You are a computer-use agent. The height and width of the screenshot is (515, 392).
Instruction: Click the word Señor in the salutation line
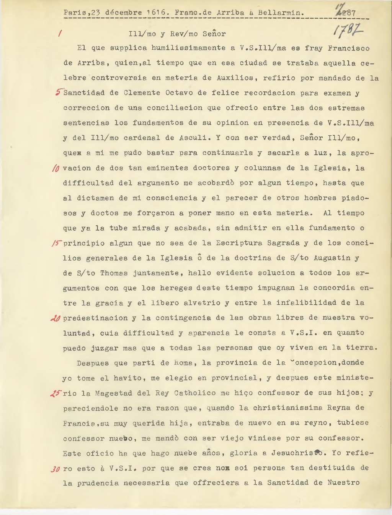(214, 34)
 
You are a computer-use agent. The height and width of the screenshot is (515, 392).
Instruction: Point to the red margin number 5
(58, 92)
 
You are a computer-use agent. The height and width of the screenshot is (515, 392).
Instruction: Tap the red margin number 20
(56, 318)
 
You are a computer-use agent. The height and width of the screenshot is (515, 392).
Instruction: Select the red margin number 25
(56, 393)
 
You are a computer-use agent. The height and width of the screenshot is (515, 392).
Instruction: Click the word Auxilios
(235, 78)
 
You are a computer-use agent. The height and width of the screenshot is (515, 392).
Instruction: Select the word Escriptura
(239, 243)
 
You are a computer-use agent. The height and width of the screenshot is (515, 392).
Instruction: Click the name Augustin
(332, 258)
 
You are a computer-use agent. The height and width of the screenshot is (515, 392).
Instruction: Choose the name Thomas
(114, 273)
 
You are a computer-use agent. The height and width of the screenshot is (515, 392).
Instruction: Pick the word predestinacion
(95, 318)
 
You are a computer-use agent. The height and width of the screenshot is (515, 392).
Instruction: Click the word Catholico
(197, 393)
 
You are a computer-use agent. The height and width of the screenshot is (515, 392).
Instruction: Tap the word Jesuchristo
(299, 453)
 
